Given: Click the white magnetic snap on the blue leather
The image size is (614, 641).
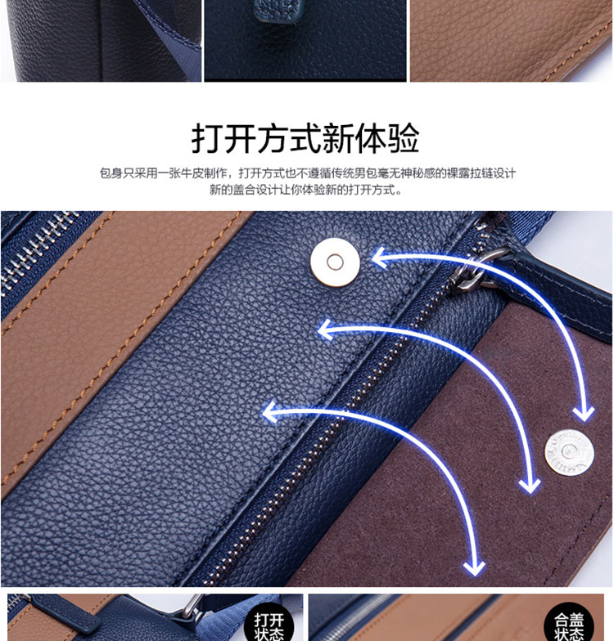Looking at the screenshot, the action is click(336, 262).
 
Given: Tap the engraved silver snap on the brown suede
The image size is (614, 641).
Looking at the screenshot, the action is click(570, 453).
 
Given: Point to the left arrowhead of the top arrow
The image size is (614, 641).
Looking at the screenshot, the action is click(378, 258).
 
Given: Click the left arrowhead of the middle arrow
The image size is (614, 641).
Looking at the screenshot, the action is click(326, 329).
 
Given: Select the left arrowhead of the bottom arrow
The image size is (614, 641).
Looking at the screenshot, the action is click(270, 412).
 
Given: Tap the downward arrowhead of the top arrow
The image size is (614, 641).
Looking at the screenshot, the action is click(583, 414).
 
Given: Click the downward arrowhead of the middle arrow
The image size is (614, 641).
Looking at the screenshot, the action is click(530, 486).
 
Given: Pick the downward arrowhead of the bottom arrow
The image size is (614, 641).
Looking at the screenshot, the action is click(475, 568).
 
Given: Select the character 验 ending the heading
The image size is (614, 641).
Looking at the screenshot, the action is click(403, 138).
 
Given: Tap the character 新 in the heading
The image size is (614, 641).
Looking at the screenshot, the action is click(338, 138).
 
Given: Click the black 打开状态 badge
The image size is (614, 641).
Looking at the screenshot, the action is click(269, 624).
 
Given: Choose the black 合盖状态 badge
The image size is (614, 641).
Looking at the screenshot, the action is click(568, 624).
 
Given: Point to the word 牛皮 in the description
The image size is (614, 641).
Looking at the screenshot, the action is click(192, 173).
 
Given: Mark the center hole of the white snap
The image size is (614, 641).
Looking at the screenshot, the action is click(336, 262).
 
